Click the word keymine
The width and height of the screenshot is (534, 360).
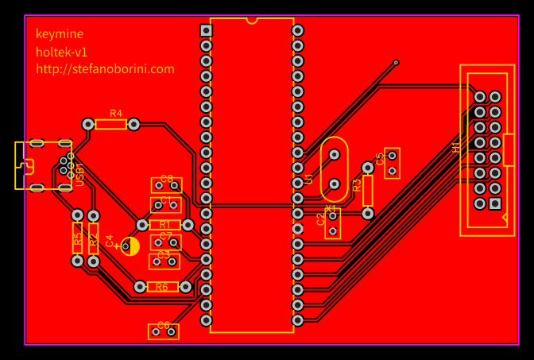(x=59, y=34)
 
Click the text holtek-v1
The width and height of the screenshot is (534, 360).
(x=61, y=52)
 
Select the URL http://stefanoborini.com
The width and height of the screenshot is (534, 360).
(x=105, y=69)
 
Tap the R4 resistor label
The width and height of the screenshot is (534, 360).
(x=116, y=114)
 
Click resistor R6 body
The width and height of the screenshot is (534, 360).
(x=162, y=286)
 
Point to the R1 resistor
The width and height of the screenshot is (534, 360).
(x=165, y=225)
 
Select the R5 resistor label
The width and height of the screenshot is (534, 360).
(x=77, y=238)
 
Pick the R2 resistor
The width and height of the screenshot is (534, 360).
(x=93, y=238)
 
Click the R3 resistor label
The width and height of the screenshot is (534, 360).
(x=357, y=185)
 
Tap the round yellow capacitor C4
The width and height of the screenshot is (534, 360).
(x=130, y=246)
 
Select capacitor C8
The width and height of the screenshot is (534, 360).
(x=166, y=184)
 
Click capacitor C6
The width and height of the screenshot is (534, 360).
(x=163, y=331)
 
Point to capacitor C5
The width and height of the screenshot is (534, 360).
(x=392, y=163)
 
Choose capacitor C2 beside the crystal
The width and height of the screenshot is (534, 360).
(x=333, y=223)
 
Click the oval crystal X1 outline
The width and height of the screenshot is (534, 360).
(x=334, y=169)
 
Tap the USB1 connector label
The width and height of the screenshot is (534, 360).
(x=80, y=174)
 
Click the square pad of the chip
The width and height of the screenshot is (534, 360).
(x=207, y=30)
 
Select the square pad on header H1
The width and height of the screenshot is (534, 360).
(x=495, y=203)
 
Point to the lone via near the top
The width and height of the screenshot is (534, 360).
(x=396, y=62)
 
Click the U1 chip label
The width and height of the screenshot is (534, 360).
(x=308, y=180)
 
